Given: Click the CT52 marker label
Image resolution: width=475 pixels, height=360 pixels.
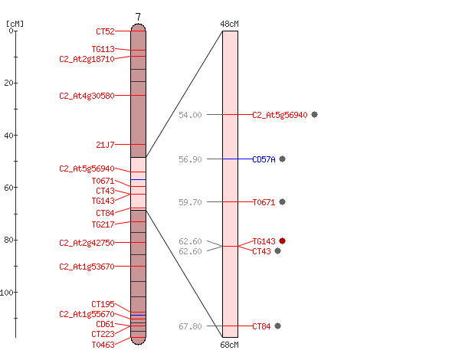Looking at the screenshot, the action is click(105, 31).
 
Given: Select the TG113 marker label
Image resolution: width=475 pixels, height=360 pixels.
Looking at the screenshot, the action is click(103, 49).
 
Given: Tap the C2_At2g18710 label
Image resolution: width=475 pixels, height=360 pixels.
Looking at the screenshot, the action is click(87, 59).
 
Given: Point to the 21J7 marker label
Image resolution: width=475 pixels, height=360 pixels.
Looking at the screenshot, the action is click(105, 145).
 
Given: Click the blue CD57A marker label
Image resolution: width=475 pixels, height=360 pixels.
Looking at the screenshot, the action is click(264, 159).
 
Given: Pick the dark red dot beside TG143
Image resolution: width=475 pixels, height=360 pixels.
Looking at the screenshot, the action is click(283, 241).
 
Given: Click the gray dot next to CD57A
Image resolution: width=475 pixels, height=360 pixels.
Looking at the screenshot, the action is click(283, 159).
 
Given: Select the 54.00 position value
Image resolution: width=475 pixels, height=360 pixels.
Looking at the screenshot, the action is click(190, 115).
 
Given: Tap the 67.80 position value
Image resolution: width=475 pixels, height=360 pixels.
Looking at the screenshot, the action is click(190, 326).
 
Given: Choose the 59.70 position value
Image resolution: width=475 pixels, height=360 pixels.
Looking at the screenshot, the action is click(190, 202).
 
